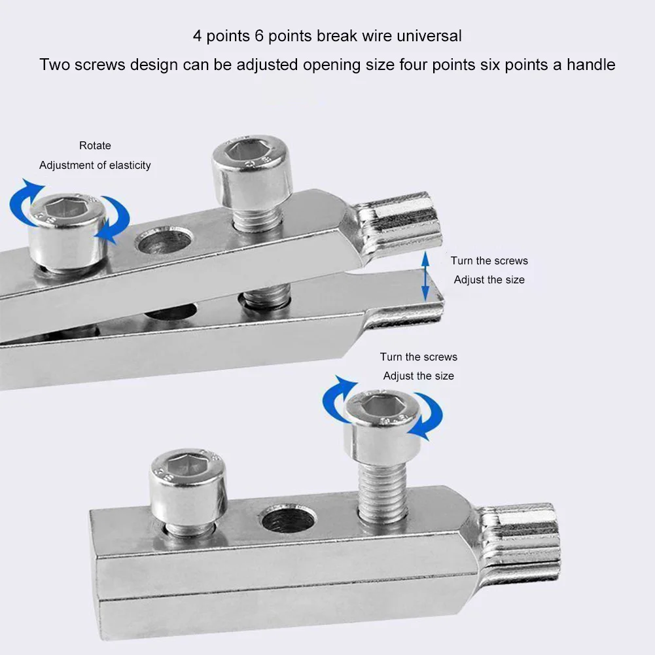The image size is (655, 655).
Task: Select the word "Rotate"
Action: pos(95,145)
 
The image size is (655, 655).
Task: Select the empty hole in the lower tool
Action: pos(289,519)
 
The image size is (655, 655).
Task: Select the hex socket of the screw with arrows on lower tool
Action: pos(381,410)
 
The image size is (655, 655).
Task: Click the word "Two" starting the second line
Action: pos(55,65)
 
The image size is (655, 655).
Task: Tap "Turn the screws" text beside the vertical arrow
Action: pos(489,260)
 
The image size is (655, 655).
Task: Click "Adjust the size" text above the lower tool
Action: pos(418,376)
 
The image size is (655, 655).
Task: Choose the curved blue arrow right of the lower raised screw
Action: pos(428,416)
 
